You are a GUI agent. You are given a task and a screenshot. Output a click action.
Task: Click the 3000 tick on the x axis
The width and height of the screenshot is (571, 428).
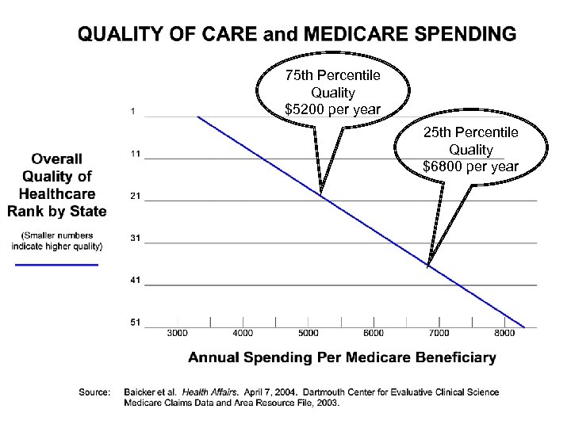point(177,333)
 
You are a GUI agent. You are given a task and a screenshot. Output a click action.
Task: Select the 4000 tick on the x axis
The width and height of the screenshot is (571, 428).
point(243,333)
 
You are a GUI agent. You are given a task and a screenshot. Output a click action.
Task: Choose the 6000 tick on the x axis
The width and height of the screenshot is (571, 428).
point(374,333)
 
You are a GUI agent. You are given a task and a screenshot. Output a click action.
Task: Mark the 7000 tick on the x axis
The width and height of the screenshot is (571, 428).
point(439,333)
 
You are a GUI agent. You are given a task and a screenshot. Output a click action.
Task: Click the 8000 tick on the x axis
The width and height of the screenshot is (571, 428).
point(504,333)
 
